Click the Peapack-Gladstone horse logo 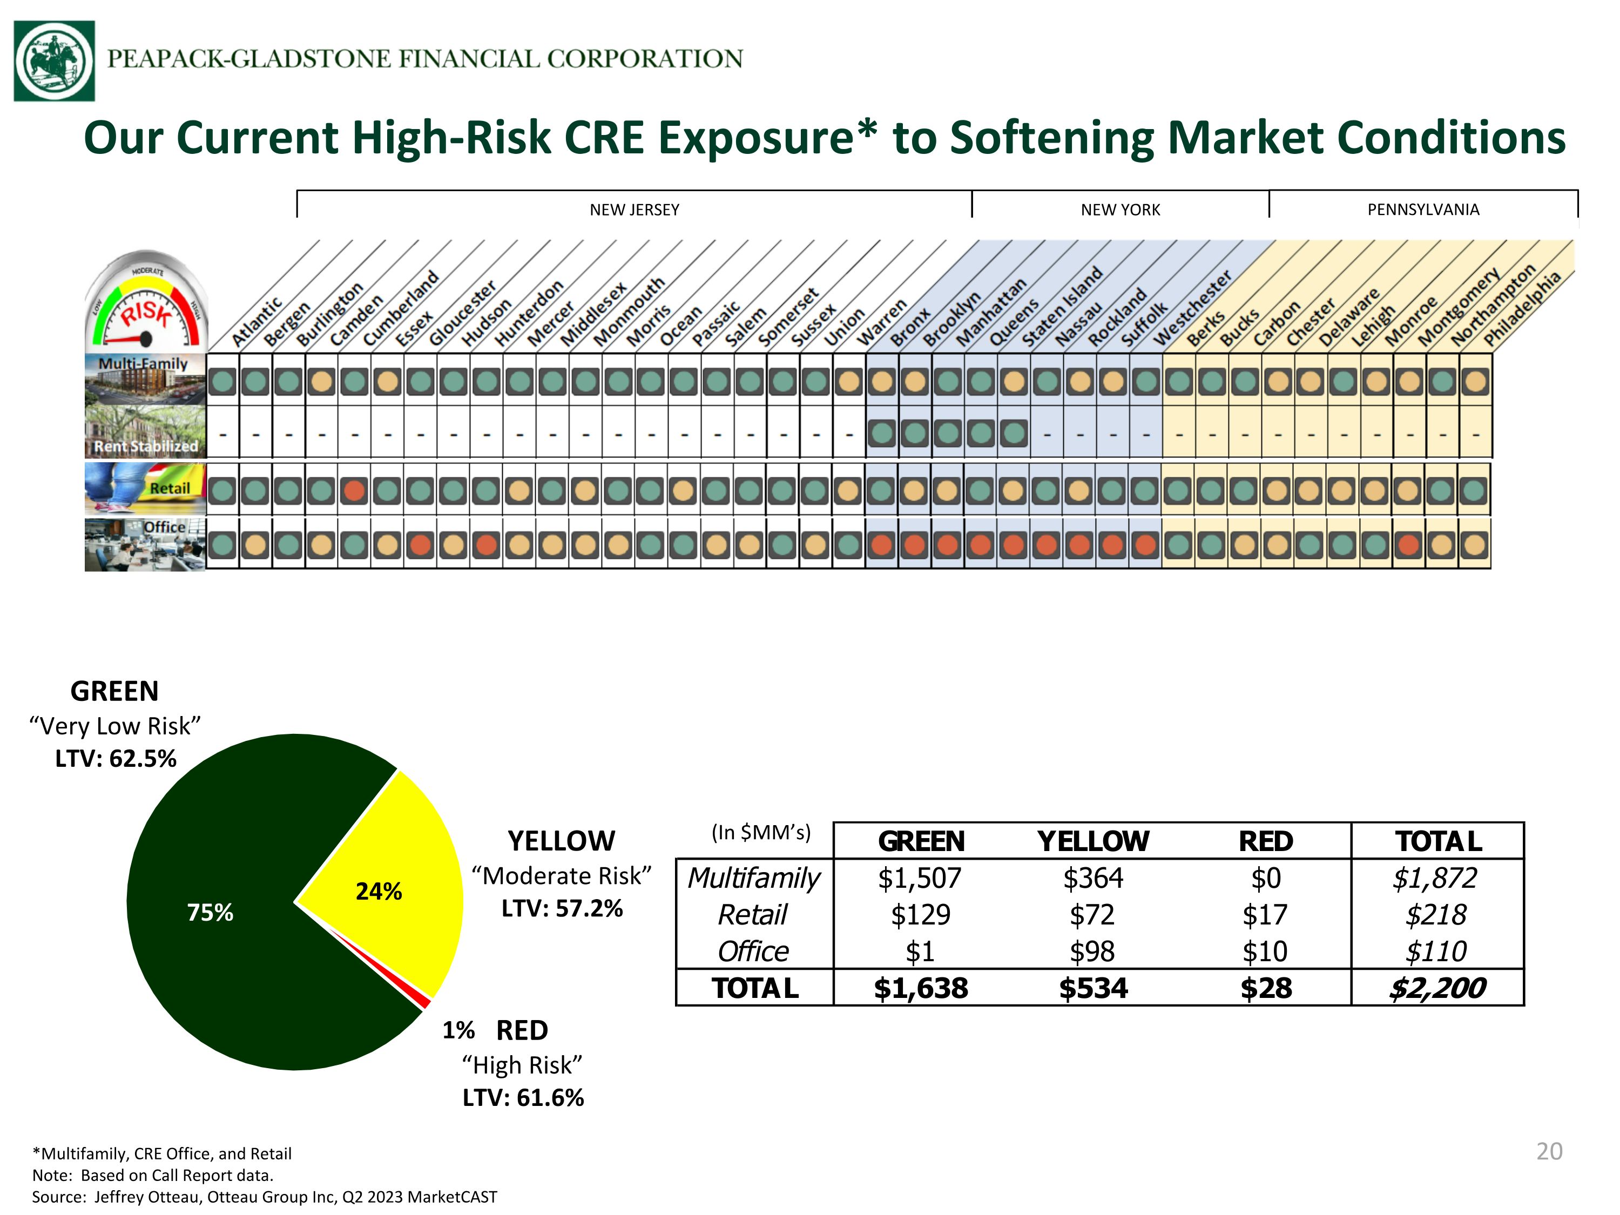click(54, 61)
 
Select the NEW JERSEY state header click(634, 210)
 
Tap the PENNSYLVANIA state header click(1423, 210)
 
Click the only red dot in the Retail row click(354, 490)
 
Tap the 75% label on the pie click(210, 913)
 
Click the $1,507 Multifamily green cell click(920, 878)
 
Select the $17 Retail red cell click(1265, 915)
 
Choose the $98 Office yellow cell click(1092, 951)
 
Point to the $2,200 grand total click(1437, 988)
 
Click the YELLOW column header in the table click(1093, 841)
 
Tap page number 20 click(1549, 1151)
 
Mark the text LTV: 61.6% click(523, 1098)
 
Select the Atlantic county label click(257, 322)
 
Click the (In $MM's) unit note click(761, 833)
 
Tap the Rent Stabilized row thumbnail click(145, 432)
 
